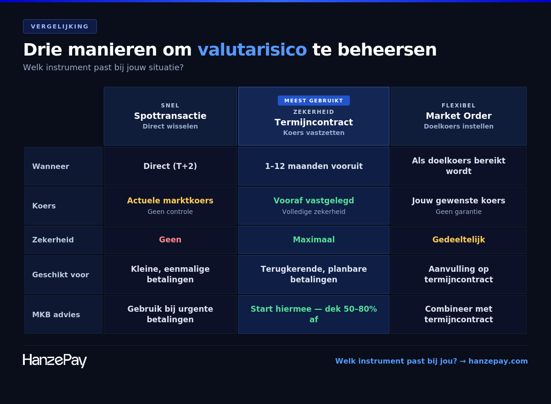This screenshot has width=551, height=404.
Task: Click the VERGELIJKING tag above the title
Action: point(60,26)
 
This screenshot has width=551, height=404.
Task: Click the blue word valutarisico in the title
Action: point(252,50)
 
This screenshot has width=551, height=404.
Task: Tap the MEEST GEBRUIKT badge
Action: point(314,101)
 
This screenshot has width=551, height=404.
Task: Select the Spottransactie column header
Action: point(170,116)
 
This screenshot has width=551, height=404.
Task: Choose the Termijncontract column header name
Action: point(314,122)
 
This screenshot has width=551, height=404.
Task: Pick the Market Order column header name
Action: point(458,116)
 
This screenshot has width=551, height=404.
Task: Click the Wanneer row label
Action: point(51,166)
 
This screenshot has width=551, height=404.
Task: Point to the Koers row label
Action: point(44,206)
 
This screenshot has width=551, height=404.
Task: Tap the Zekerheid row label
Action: point(53,240)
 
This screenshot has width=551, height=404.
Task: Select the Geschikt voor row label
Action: point(61,275)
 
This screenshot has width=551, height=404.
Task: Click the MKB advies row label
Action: point(56,314)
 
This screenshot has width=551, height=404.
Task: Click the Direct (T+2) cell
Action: point(170,166)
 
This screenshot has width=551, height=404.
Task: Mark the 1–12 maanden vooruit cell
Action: point(314,166)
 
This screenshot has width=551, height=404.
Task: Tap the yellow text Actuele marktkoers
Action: point(170,201)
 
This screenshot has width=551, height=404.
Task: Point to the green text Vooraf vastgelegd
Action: point(314,201)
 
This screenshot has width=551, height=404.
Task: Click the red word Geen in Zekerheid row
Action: point(170,240)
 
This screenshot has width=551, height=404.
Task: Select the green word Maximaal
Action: point(314,240)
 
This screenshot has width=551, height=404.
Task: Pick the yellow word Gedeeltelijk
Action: point(458,240)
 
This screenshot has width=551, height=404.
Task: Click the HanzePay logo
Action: point(55,360)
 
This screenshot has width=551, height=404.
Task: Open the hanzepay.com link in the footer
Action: point(498,361)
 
